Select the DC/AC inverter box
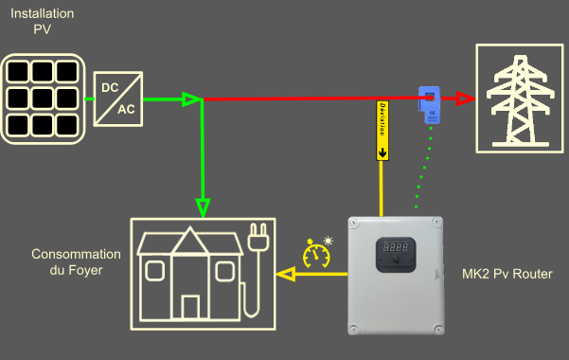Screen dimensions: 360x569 (118, 99)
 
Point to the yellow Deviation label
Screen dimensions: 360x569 (383, 129)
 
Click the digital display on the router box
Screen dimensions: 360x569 (396, 246)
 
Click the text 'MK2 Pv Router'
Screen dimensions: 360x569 (507, 274)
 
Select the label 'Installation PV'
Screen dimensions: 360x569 (39, 22)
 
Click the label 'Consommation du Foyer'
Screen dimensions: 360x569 (76, 262)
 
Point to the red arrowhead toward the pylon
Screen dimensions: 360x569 (463, 98)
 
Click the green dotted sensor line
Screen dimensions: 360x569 (423, 171)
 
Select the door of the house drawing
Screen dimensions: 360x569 (190, 307)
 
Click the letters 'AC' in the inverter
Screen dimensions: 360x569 (127, 109)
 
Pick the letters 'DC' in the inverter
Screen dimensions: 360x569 (110, 88)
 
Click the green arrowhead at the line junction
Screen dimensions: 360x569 (192, 99)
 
